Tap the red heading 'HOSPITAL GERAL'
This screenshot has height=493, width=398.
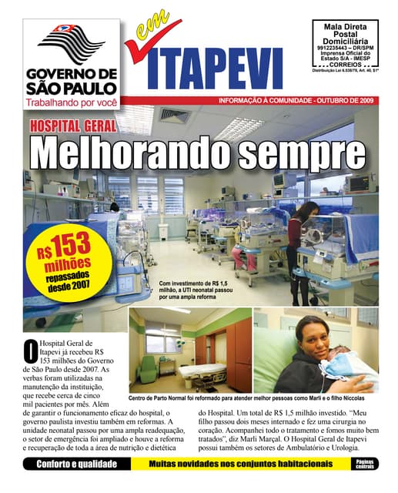[x=73, y=126]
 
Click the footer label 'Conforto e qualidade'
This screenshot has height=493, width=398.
[x=76, y=464]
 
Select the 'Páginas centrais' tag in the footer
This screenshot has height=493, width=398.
[x=365, y=464]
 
